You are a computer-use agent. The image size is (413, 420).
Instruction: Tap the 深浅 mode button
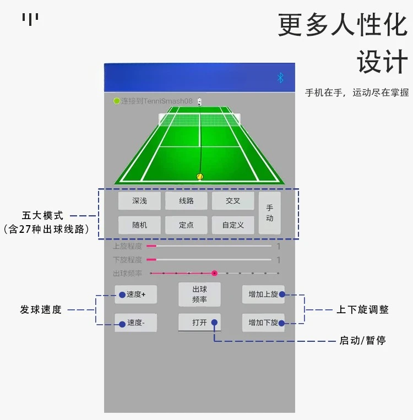[x=139, y=201]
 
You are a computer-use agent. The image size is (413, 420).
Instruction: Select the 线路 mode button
[x=186, y=201]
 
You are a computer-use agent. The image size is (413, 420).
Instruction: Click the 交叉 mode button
[x=233, y=201]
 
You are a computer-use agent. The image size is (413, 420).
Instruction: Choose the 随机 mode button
[x=139, y=225]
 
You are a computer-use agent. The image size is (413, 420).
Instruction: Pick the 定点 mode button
[x=186, y=225]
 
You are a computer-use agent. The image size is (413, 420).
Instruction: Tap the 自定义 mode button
[x=233, y=225]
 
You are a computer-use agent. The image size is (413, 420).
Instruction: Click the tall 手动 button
[x=270, y=213]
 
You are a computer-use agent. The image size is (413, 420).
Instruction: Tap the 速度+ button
[x=135, y=294]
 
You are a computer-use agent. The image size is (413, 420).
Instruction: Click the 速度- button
[x=135, y=323]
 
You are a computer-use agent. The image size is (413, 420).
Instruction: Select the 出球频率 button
[x=199, y=294]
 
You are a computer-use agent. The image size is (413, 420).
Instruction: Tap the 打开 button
[x=199, y=323]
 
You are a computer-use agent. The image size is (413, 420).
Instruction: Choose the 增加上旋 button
[x=263, y=294]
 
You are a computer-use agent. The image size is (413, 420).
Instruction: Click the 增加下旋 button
[x=263, y=323]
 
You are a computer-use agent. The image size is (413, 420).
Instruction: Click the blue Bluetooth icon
[x=280, y=78]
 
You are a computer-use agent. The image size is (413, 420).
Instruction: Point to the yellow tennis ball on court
[x=200, y=177]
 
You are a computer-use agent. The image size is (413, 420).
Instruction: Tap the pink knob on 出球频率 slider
[x=214, y=273]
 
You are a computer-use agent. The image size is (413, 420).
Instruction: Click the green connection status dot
[x=116, y=101]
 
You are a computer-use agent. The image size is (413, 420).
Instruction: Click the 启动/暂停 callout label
[x=362, y=341]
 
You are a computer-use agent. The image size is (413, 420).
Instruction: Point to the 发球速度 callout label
[x=41, y=310]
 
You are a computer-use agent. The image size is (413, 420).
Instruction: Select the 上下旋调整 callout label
[x=363, y=310]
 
